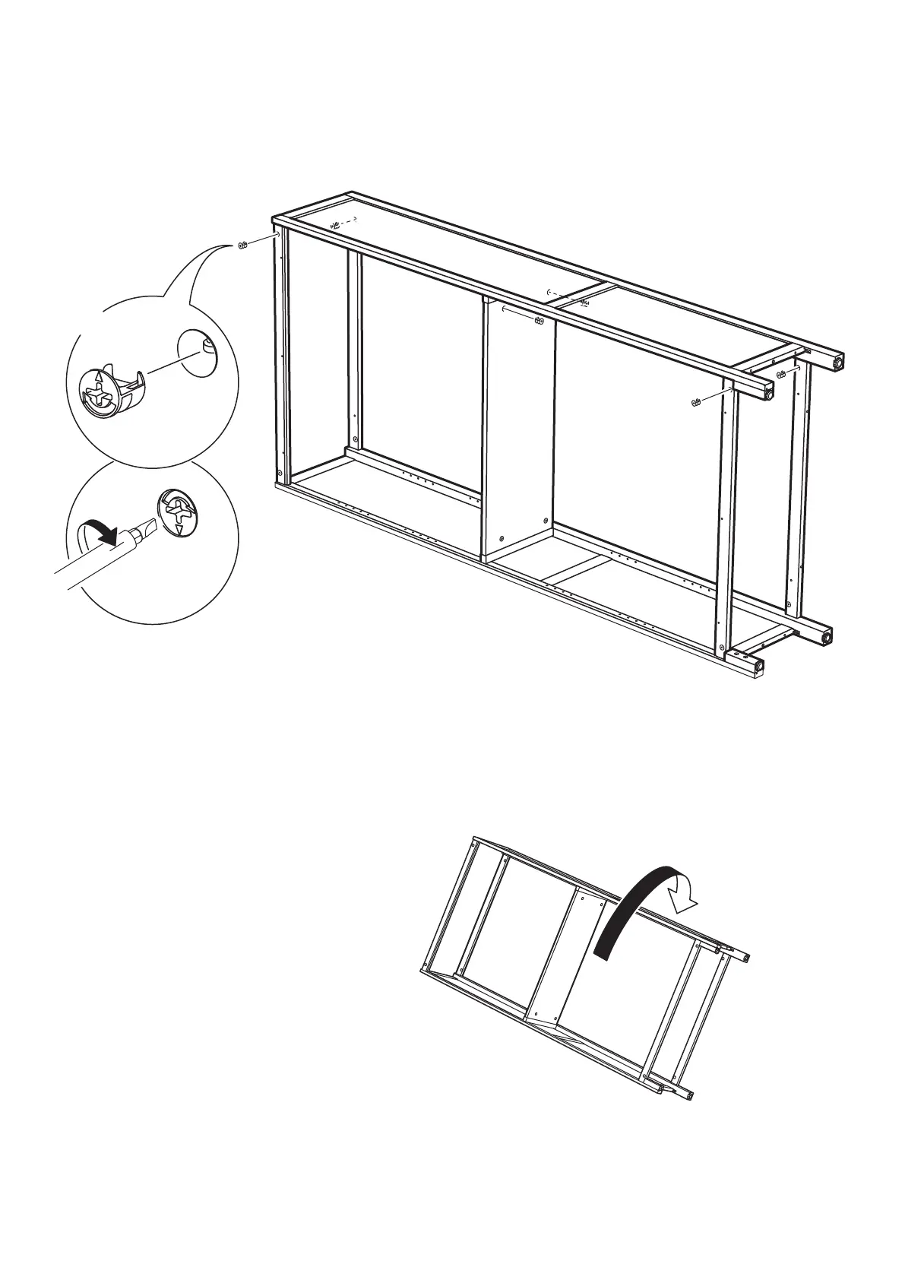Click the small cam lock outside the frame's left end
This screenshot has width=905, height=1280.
point(243,245)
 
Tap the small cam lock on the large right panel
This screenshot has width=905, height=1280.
point(695,402)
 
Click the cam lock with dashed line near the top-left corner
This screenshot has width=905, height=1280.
point(335,225)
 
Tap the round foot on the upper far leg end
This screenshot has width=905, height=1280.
point(838,363)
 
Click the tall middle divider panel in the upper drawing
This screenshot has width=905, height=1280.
point(519,426)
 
